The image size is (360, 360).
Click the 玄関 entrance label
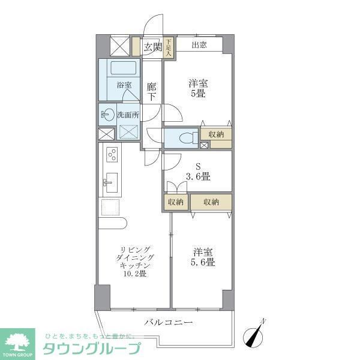coord(152,47)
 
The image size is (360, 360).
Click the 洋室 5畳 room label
coord(198,89)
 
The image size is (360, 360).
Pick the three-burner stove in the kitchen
coord(112,155)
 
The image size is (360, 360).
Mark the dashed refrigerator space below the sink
coord(111,208)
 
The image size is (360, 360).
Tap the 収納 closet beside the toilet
coord(216,134)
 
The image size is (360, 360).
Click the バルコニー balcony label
coord(169,323)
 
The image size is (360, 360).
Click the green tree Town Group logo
coord(18,342)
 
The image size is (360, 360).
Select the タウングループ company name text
coord(91,349)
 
